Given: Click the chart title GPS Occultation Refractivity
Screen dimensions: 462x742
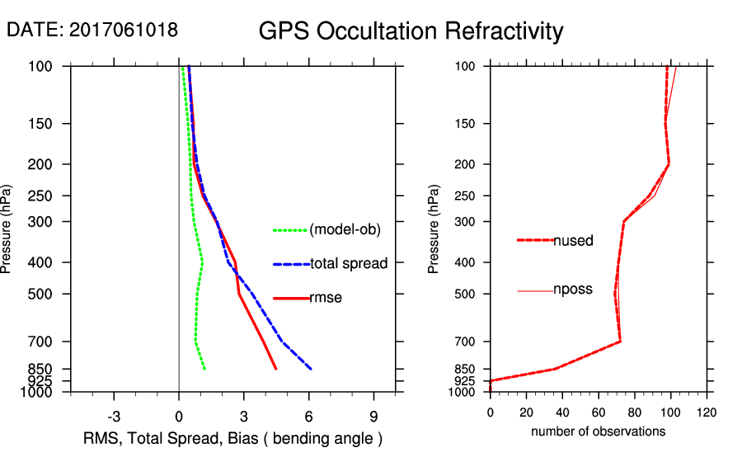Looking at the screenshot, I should tap(411, 31).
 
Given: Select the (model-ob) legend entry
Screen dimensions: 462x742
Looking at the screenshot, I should tap(345, 230).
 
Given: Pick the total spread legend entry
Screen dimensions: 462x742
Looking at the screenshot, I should tap(348, 264).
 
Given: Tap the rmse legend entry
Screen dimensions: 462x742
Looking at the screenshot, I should tap(326, 298).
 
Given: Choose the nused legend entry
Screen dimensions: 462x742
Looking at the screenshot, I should tap(573, 240).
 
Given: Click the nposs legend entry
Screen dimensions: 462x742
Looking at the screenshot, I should tap(573, 290).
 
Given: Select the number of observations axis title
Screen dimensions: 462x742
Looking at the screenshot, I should tap(598, 431).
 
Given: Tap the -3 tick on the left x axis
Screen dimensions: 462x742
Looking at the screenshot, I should tap(115, 417).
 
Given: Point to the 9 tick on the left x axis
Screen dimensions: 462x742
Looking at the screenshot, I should tap(374, 417).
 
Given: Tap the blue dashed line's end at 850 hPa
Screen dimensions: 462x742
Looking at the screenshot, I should tap(311, 369).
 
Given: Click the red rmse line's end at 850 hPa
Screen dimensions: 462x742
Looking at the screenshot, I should tap(276, 369).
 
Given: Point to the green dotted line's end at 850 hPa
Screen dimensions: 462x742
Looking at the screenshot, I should tap(204, 369).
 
